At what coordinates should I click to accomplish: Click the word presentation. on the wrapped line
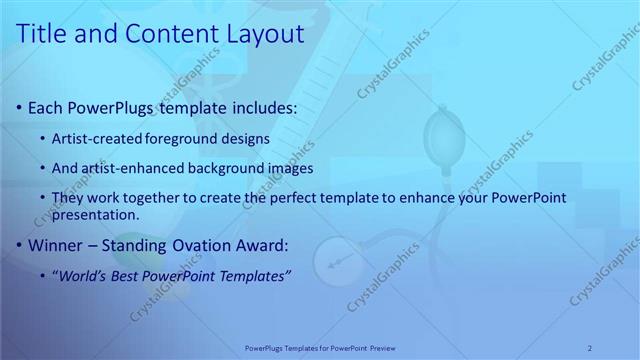[96, 214]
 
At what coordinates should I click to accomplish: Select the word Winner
[56, 244]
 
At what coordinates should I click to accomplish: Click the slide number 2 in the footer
[590, 347]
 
